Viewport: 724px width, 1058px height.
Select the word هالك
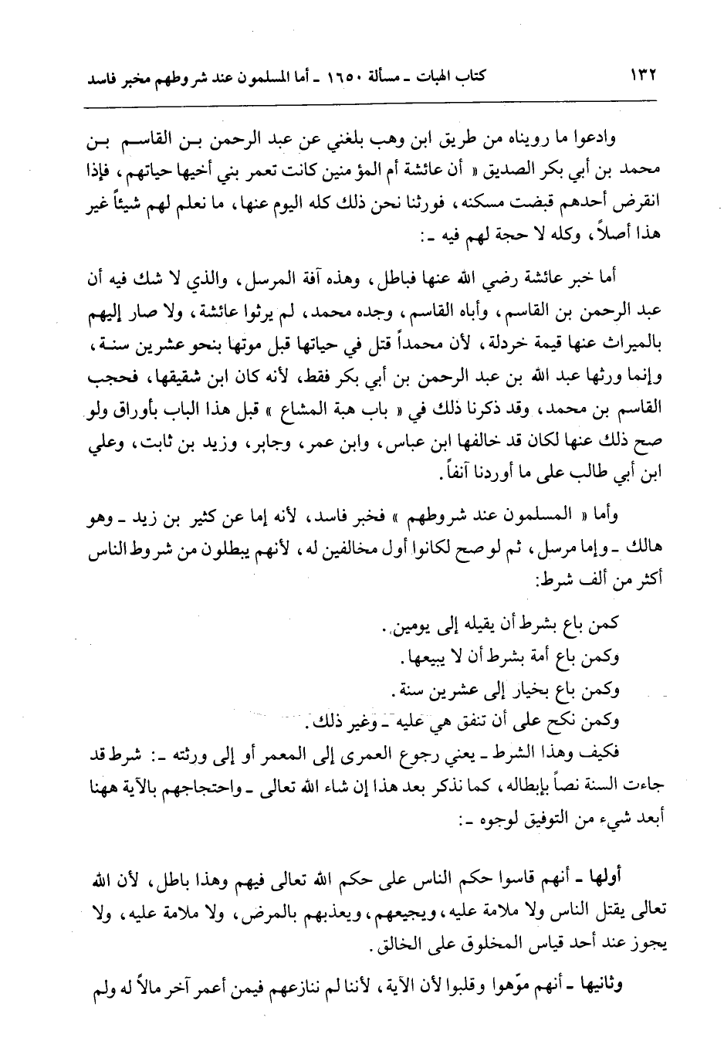pyautogui.click(x=648, y=542)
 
